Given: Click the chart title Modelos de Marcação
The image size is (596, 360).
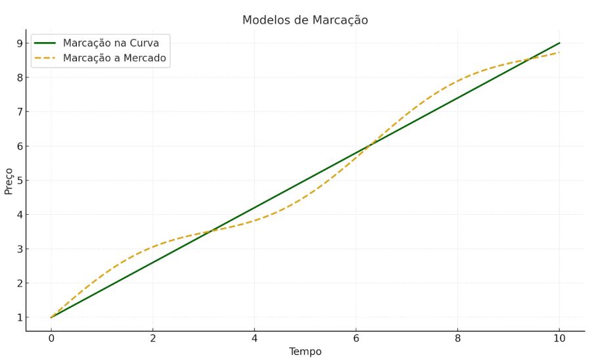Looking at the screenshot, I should click(305, 20).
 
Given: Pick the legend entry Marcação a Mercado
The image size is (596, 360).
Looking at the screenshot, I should click(114, 58).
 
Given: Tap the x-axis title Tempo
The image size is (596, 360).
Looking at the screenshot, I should click(305, 351).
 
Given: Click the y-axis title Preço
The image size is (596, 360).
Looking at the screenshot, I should click(9, 180).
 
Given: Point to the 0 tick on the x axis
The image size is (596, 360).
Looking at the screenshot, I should click(51, 339).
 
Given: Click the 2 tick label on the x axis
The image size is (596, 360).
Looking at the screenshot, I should click(152, 339).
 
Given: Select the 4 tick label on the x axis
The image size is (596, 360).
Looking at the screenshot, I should click(254, 339).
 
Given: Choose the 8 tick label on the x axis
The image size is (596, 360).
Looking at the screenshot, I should click(458, 339).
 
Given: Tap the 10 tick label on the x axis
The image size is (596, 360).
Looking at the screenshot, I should click(560, 339).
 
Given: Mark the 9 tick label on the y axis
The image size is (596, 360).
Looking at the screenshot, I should click(20, 43).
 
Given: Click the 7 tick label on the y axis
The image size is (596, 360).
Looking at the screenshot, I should click(20, 112).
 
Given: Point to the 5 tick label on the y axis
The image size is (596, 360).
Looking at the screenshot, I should click(20, 181).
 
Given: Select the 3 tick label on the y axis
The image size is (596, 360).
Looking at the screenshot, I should click(20, 249).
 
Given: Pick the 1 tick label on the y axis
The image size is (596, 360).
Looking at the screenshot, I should click(20, 317).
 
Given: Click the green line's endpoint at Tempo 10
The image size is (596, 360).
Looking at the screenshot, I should click(560, 43).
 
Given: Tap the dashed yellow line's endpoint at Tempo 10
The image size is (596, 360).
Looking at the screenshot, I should click(560, 52).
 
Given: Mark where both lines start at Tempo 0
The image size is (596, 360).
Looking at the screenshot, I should click(51, 317).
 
